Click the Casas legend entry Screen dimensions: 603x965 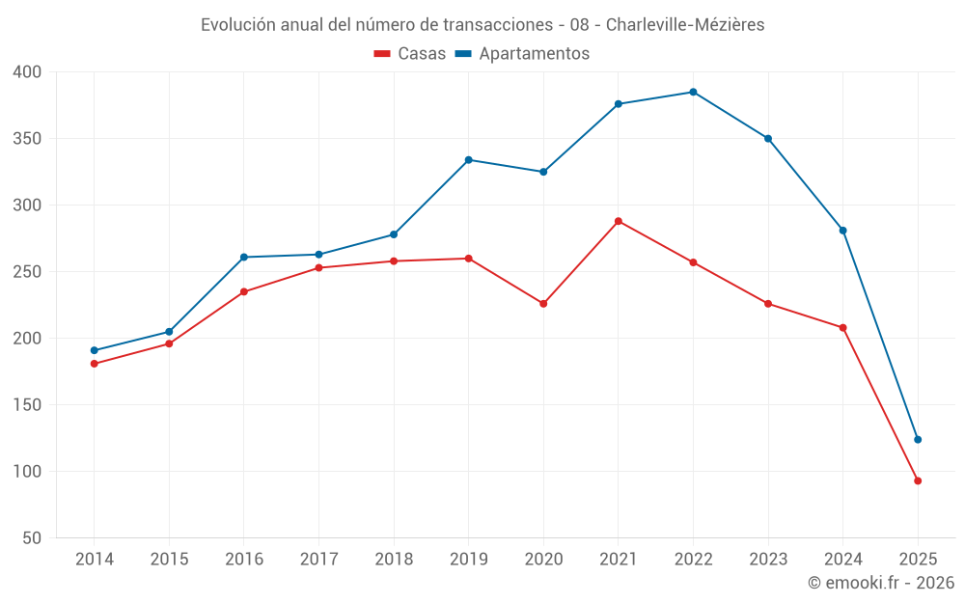click(x=410, y=54)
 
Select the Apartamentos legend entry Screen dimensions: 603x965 click(x=522, y=54)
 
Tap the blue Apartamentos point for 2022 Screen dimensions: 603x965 click(x=693, y=92)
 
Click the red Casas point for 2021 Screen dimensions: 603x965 click(x=619, y=221)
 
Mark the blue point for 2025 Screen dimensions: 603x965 click(x=918, y=440)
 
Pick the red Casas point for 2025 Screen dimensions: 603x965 click(x=918, y=480)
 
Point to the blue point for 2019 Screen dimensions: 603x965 click(x=468, y=160)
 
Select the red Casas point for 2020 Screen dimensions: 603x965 click(x=543, y=304)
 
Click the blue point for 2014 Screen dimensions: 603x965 click(x=94, y=350)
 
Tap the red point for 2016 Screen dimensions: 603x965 click(x=243, y=291)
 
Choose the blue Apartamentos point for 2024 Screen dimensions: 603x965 click(x=842, y=231)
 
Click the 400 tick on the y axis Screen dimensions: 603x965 click(x=28, y=72)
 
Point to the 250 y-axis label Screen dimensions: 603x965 click(x=28, y=272)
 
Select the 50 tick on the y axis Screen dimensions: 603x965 click(x=32, y=538)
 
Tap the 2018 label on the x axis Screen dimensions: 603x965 click(x=394, y=560)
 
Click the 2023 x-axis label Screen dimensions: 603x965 click(x=768, y=560)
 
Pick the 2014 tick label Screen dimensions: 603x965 click(x=94, y=560)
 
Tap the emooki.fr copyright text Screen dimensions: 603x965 click(x=881, y=583)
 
